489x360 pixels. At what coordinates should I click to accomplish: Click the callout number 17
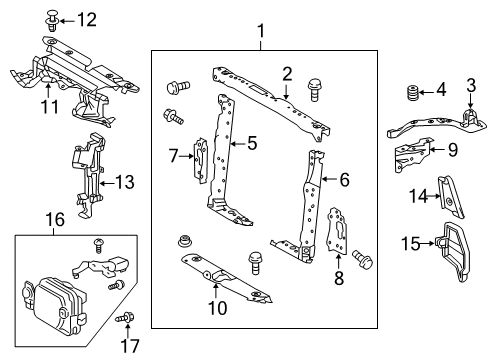(x=128, y=349)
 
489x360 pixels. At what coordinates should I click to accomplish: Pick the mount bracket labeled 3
(x=468, y=119)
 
